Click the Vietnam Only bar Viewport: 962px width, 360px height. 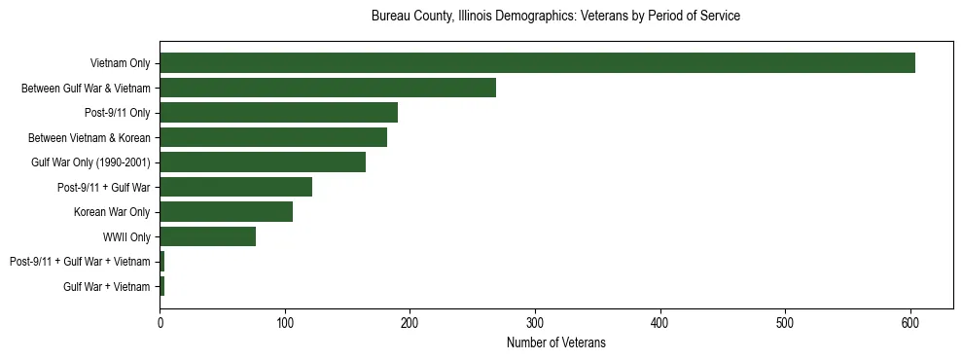pos(537,63)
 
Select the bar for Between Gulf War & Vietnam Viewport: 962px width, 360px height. pos(328,88)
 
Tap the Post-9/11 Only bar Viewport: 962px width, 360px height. pos(278,113)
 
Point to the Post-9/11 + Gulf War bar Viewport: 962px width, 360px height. pos(236,187)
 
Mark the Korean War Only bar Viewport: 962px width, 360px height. pos(227,212)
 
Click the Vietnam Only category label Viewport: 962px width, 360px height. pos(120,63)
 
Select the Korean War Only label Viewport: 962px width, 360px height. pos(112,212)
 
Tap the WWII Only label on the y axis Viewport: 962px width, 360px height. pos(126,236)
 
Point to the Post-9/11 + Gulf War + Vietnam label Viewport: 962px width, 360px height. pos(80,262)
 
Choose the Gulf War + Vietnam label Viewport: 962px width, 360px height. pos(107,286)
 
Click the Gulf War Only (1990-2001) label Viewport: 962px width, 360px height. pos(90,162)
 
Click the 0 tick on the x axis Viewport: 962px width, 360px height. pos(160,323)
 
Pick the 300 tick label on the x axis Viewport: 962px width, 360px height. pos(535,323)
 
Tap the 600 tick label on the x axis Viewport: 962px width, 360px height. pos(910,323)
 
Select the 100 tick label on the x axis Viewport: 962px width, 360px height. pos(285,323)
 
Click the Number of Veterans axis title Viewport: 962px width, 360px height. pos(556,342)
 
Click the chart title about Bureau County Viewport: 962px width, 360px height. pos(556,17)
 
